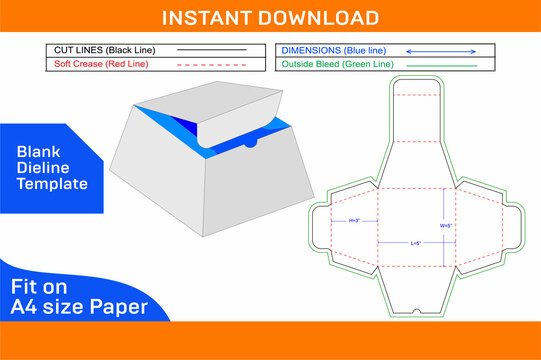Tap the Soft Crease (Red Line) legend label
tap(99, 64)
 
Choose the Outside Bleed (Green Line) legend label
tap(337, 64)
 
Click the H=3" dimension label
tap(353, 220)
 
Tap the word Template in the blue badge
tap(52, 184)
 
